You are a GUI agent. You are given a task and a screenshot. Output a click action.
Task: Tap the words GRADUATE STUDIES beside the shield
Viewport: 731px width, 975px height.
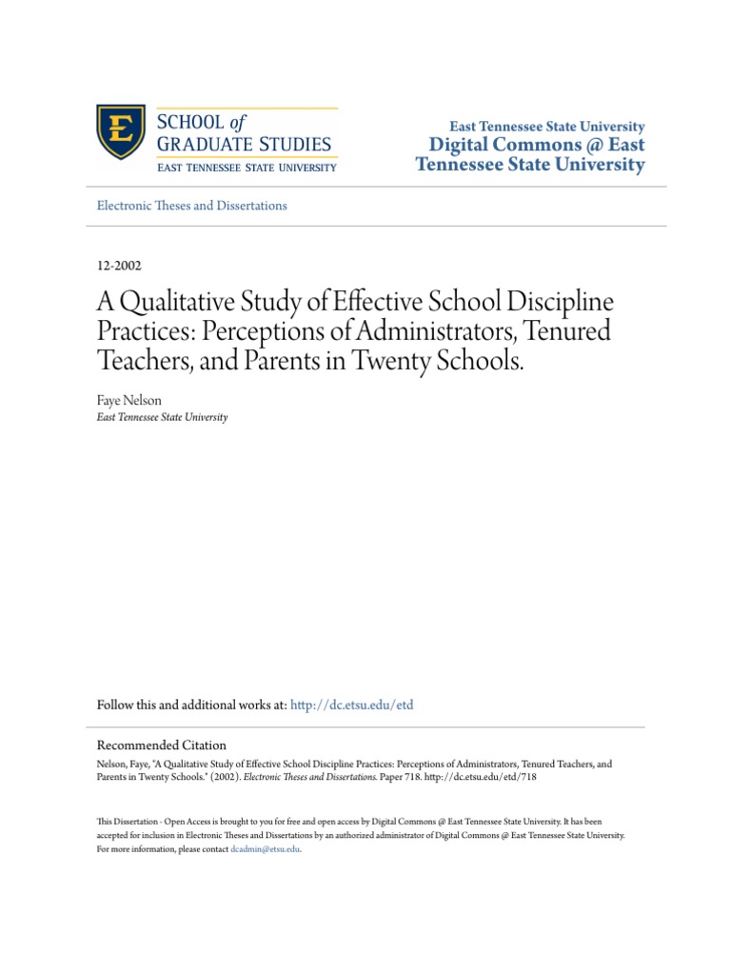pos(245,145)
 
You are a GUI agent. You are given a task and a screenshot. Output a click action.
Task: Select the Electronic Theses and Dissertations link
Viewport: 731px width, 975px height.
pos(192,205)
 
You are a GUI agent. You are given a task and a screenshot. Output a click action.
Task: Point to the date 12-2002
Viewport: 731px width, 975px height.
pos(120,267)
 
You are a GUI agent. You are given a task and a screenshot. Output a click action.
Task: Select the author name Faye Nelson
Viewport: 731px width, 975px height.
pos(128,399)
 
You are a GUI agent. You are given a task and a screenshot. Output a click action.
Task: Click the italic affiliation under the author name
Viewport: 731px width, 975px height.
pos(162,417)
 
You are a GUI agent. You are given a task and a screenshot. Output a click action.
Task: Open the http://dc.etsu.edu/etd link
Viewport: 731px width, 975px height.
pos(352,705)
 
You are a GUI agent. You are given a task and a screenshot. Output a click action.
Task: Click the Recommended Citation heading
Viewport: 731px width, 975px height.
pos(162,746)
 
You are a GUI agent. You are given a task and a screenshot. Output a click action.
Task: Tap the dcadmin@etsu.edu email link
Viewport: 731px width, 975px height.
pos(265,849)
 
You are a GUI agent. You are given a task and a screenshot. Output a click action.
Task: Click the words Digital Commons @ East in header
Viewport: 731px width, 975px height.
pos(537,145)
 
